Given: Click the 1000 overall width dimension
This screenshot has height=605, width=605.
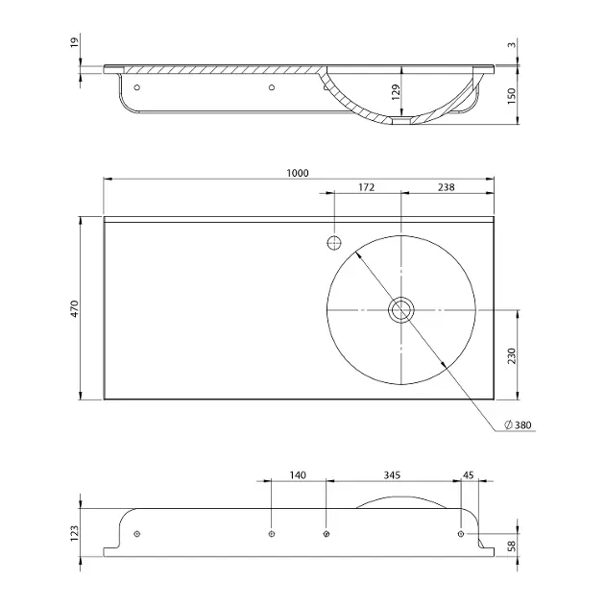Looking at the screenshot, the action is coord(298,173).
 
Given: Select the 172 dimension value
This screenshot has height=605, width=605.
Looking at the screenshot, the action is coord(366,187).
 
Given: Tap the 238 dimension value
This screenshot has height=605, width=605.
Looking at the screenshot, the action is coord(446,187).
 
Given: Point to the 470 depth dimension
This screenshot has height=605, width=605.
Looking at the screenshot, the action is coord(74,308).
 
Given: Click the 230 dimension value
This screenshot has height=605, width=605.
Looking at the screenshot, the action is coord(511,355).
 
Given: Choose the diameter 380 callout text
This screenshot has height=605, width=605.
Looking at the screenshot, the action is coord(519,424).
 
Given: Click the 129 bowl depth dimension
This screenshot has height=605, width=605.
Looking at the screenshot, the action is coord(396,92).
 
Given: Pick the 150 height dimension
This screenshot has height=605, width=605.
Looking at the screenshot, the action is coord(511,96).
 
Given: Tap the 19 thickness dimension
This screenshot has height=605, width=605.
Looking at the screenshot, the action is coord(74,40).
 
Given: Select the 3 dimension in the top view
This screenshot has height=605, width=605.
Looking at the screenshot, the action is coord(511,45).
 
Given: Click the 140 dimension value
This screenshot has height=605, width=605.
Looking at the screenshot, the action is coord(298,475).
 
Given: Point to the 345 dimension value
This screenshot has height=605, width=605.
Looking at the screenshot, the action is coord(392,475).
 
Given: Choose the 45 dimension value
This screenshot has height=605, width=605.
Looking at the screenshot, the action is coord(468,475).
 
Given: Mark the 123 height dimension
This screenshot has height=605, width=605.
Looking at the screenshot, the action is coord(74,533).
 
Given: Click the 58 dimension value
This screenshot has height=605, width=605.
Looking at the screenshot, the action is coord(512,546).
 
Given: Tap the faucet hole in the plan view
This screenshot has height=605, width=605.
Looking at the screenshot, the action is coord(334,243).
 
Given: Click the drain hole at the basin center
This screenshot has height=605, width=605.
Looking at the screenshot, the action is coord(401,310).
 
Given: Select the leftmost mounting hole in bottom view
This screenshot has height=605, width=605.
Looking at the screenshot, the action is coord(136,534).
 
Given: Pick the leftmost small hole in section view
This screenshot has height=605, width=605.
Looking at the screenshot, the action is coord(137,87).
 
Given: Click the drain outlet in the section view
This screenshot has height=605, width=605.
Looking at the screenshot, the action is coord(401,121).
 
